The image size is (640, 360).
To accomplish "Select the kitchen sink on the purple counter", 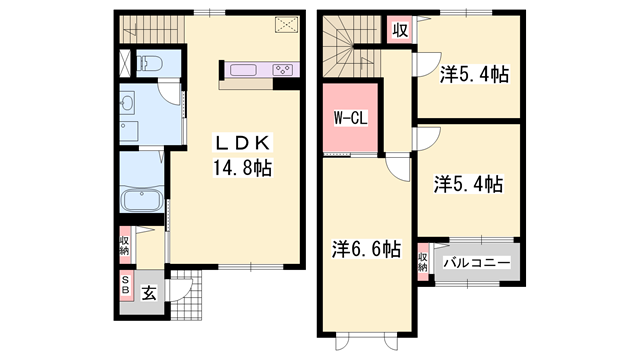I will click(245, 70).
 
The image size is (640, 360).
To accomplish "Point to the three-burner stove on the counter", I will click(283, 70).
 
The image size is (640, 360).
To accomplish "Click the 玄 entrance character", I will click(148, 293).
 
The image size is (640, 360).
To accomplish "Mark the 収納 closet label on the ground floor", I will click(125, 246).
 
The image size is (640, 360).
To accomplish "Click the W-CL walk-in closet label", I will click(348, 118).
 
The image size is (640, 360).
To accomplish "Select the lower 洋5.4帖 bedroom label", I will click(468, 184).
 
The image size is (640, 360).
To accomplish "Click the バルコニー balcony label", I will click(478, 262).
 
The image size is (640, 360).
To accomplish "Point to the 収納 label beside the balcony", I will click(424, 262).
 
